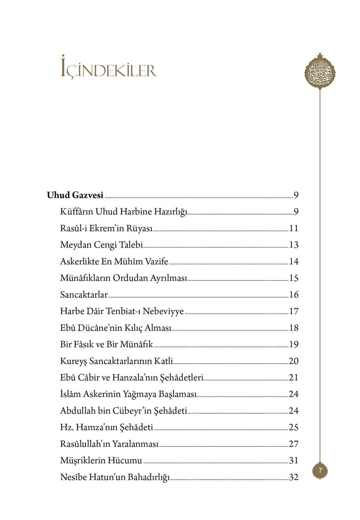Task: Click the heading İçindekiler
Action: pos(109,70)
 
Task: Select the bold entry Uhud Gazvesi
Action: pos(75,195)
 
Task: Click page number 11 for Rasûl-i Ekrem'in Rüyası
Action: pos(294,228)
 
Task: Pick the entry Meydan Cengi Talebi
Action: pos(101,245)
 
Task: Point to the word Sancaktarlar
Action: pos(84,295)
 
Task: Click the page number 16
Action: pos(294,295)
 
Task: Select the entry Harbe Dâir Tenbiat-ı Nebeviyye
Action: pos(122,311)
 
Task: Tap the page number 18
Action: pos(294,328)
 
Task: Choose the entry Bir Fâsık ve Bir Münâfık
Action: pos(107,345)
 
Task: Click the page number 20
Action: pos(294,361)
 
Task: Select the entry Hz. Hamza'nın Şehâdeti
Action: pos(107,428)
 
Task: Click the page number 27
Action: pos(294,444)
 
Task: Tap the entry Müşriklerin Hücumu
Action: pos(101,460)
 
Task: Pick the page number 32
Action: pos(294,477)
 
